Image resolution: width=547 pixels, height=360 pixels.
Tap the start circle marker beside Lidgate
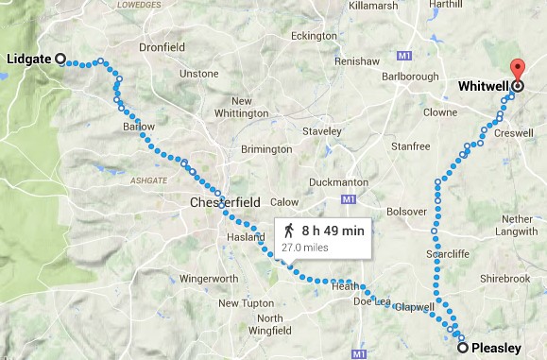tap(60, 59)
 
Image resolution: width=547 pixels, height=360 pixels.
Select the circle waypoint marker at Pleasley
tap(462, 349)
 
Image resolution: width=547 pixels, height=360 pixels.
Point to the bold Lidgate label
tap(28, 59)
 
